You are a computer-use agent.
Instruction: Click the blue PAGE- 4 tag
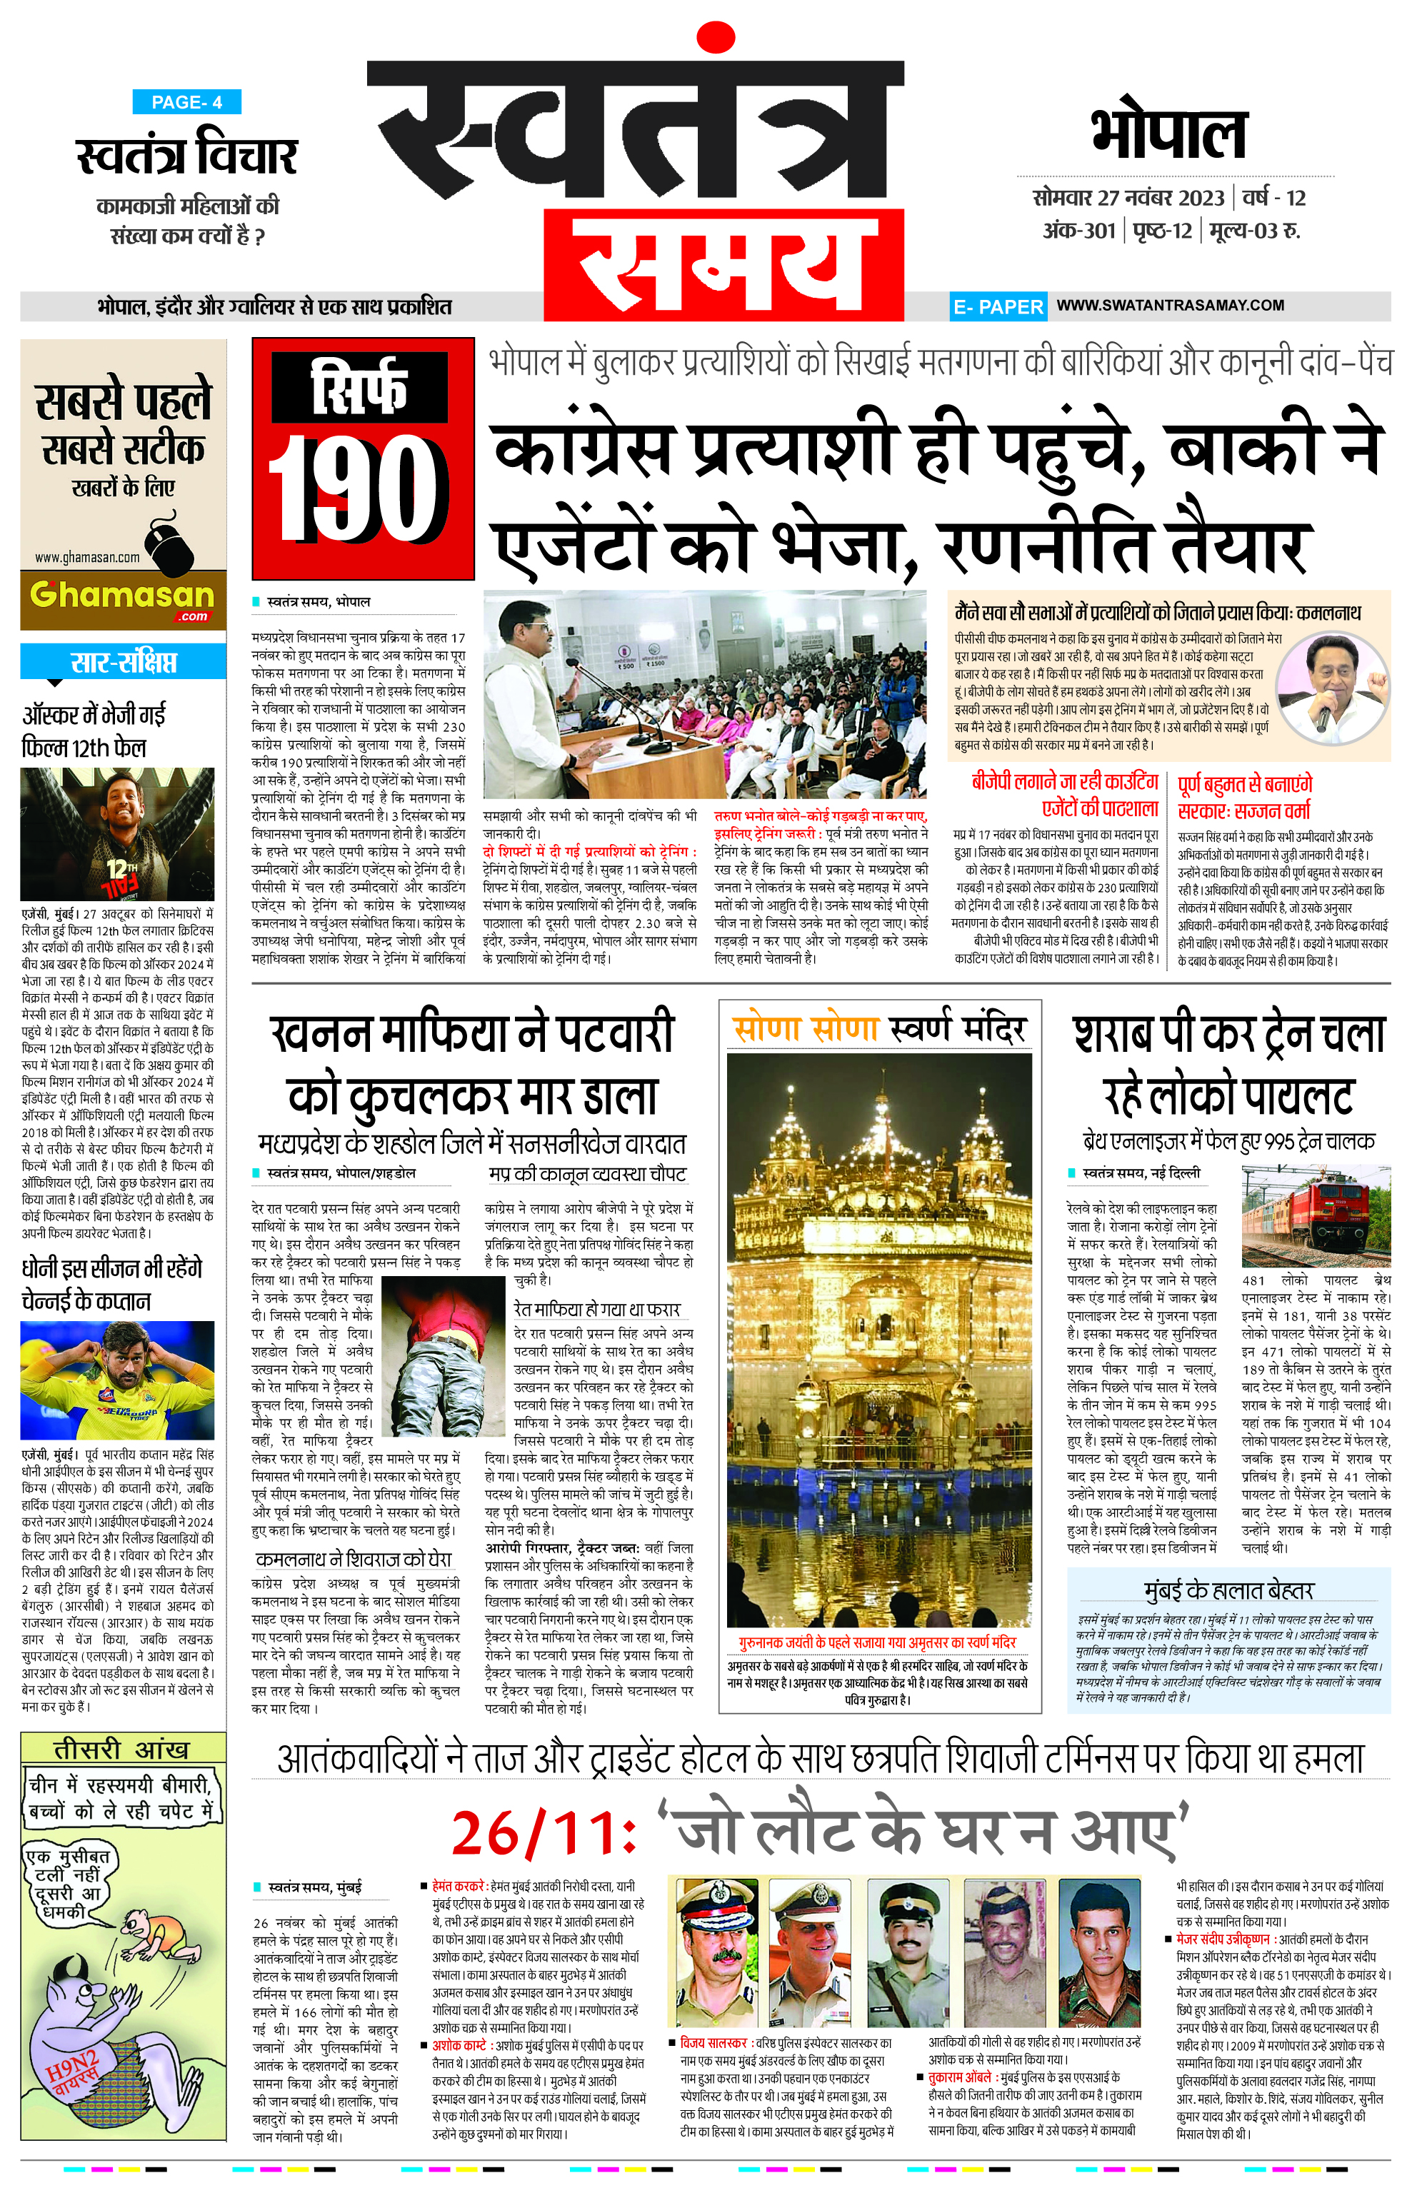186,102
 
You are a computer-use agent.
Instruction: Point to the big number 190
361,490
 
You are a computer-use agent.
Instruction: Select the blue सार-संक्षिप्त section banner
123,662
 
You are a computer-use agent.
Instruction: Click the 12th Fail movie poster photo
117,833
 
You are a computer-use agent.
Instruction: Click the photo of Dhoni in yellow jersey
117,1380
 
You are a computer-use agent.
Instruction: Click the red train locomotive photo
1315,1215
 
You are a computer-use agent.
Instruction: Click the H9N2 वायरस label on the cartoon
75,2074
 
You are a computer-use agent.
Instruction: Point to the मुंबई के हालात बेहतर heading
1228,1590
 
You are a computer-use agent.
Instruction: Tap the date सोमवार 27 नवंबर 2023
1128,198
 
